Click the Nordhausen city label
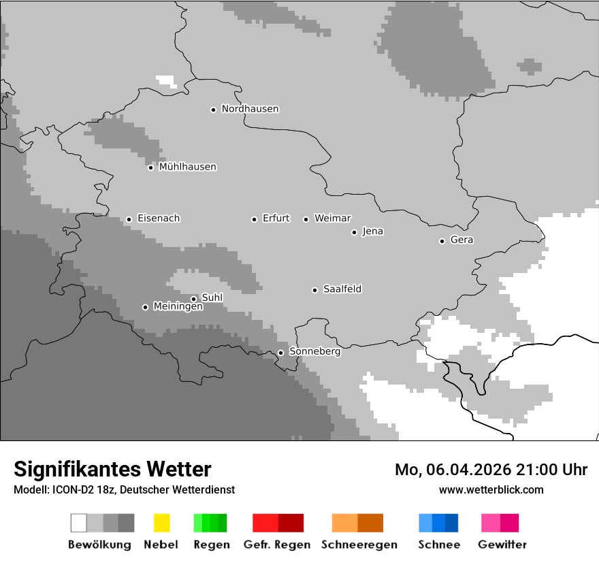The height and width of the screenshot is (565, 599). (250, 109)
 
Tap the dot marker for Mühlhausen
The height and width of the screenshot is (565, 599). (150, 167)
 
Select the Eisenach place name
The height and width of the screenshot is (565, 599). (159, 219)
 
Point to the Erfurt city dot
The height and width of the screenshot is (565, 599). (254, 219)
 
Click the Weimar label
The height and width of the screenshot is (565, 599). (332, 219)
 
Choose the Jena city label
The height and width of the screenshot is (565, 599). (372, 231)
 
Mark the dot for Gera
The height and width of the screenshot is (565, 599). (442, 241)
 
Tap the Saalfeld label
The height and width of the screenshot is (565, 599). (342, 289)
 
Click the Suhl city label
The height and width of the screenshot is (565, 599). (212, 297)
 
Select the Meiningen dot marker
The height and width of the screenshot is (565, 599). (145, 307)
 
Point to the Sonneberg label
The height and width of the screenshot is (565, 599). (314, 352)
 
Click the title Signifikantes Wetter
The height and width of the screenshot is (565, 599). (112, 469)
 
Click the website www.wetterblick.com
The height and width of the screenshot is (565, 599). (491, 489)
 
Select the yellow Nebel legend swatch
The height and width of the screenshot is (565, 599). (161, 523)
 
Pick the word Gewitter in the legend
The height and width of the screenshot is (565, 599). (502, 545)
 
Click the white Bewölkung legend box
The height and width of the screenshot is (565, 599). (79, 523)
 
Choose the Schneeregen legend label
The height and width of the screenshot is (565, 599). (359, 545)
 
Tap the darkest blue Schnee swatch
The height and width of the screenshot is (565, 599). (451, 523)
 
